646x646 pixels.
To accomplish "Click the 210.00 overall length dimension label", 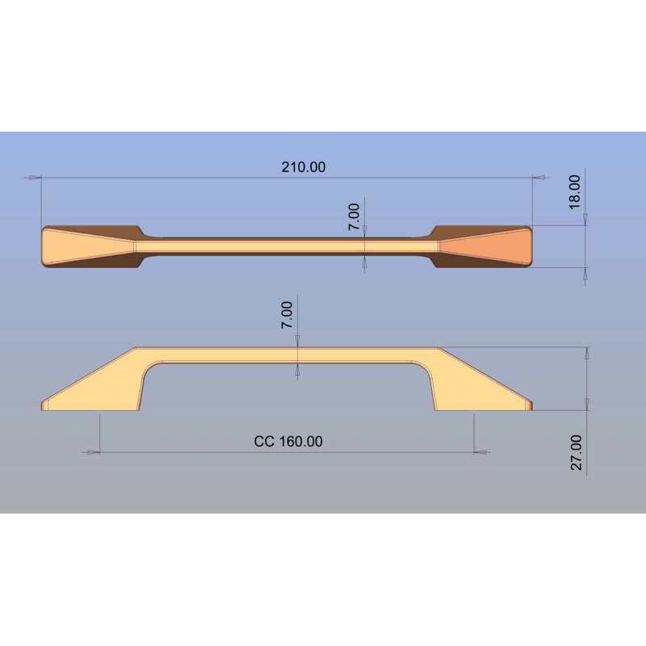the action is coord(304,167).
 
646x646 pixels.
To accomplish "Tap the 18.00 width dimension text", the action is coord(574,192).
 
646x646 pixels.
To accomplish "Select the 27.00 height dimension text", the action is coord(576,452).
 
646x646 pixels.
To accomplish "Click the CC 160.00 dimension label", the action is coord(288,441).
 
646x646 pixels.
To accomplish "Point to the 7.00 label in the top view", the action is coord(354,216).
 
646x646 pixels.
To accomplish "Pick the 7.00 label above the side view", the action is coord(287,315).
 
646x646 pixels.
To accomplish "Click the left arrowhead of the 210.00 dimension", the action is coord(35,178).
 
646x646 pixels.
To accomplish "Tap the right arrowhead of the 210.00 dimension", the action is coord(539,178).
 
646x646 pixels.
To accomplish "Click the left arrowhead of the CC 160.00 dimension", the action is coord(94,452).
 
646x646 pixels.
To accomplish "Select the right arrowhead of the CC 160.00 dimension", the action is coord(480,452).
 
